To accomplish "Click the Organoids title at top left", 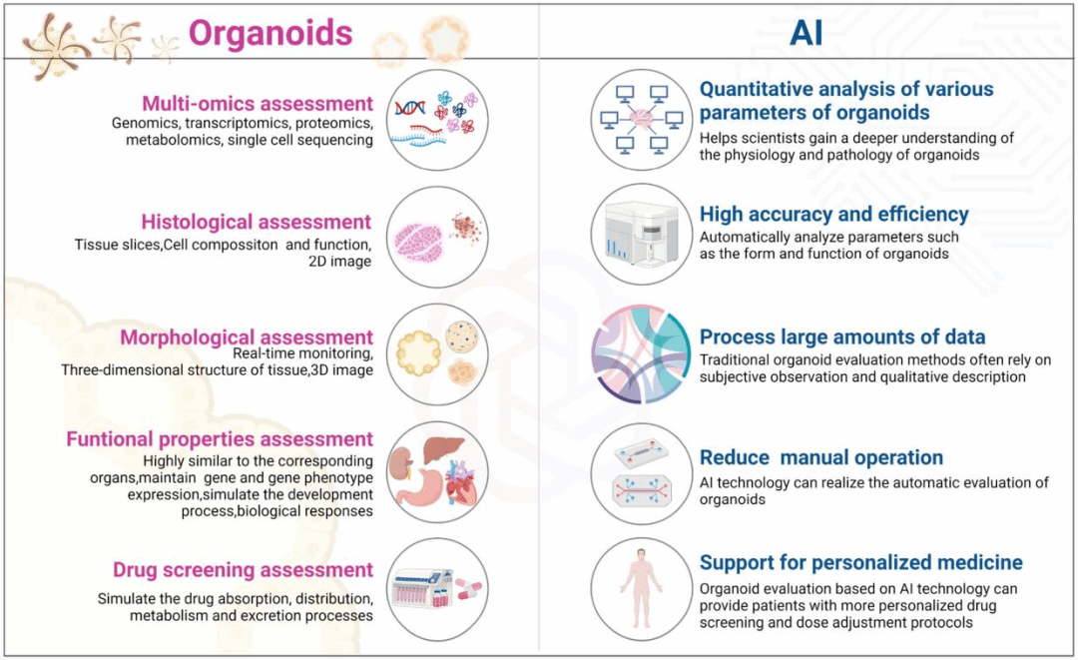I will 270,33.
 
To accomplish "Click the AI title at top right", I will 807,33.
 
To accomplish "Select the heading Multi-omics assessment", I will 258,103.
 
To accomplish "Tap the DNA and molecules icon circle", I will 436,119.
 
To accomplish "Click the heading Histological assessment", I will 257,222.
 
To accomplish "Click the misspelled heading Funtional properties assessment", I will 220,439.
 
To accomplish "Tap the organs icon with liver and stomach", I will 436,471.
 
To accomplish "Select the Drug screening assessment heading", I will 243,570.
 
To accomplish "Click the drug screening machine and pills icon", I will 436,588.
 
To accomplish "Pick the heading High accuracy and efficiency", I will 833,214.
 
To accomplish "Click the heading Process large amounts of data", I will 842,336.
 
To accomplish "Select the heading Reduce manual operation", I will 820,457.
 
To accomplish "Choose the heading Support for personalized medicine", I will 860,562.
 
